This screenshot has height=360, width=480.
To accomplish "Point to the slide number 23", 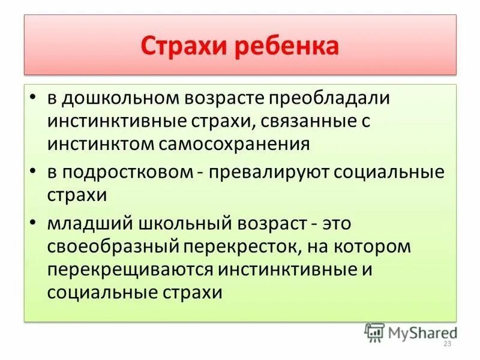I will tap(446, 344).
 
